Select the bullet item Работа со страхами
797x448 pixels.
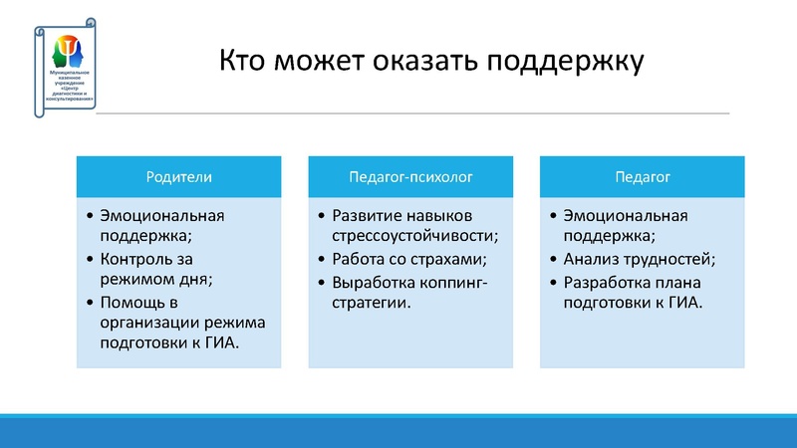pyautogui.click(x=409, y=259)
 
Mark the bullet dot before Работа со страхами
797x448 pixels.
pyautogui.click(x=321, y=259)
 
